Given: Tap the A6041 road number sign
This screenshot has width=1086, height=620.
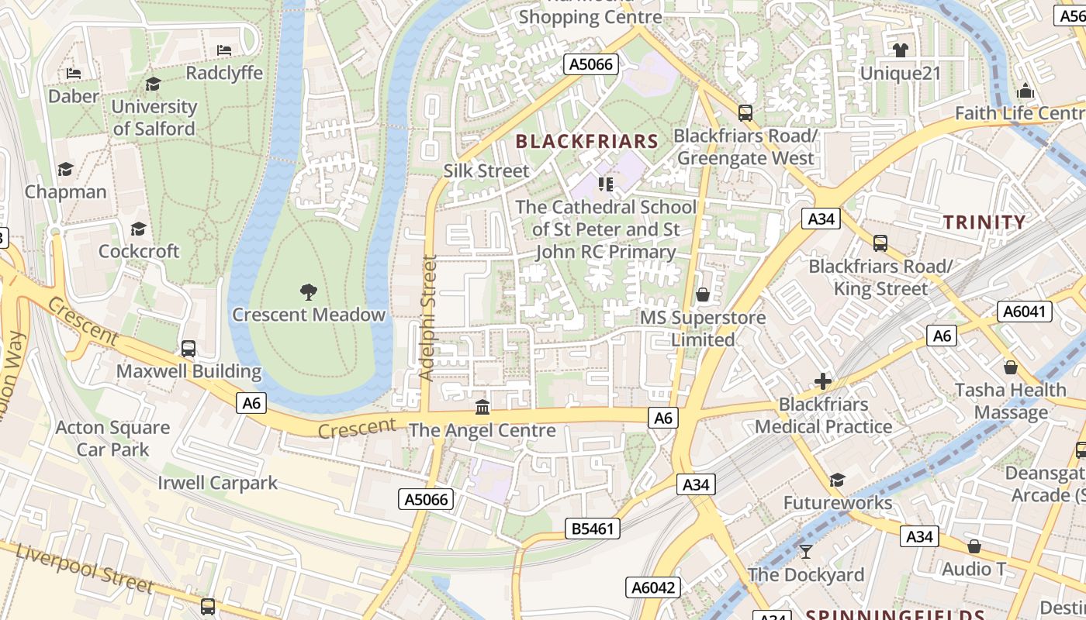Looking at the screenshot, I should [1025, 312].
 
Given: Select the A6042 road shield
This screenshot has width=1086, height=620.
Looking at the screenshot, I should [653, 587].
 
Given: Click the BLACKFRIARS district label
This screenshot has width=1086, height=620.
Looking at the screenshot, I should [586, 141].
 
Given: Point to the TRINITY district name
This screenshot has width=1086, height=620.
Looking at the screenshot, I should [984, 222].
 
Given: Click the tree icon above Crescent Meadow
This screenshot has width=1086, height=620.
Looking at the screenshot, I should [309, 292].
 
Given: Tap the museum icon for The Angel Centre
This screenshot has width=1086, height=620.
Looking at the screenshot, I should [482, 407].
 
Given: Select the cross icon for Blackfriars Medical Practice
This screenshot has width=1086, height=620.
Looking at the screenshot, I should [823, 381].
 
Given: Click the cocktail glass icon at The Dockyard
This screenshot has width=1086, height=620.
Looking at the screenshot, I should [806, 551].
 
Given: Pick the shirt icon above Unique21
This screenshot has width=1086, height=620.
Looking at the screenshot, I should [900, 50].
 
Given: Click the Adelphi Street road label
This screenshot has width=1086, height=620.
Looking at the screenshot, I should [427, 318].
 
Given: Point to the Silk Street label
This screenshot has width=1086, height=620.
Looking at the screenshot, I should [486, 170].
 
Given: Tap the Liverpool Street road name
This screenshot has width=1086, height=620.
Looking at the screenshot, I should [84, 569].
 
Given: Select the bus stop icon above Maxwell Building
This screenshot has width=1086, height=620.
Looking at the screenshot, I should [188, 349].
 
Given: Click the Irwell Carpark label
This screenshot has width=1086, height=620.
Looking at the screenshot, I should [217, 483].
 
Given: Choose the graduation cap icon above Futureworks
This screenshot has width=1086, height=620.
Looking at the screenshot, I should [837, 480].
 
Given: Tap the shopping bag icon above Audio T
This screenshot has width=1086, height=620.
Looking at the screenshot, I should [974, 546].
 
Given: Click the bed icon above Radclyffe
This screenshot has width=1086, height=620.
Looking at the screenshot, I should [224, 50].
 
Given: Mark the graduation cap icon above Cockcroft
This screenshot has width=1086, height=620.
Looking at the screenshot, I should [139, 229].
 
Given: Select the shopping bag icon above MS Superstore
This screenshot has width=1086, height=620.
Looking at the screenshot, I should [703, 294].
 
